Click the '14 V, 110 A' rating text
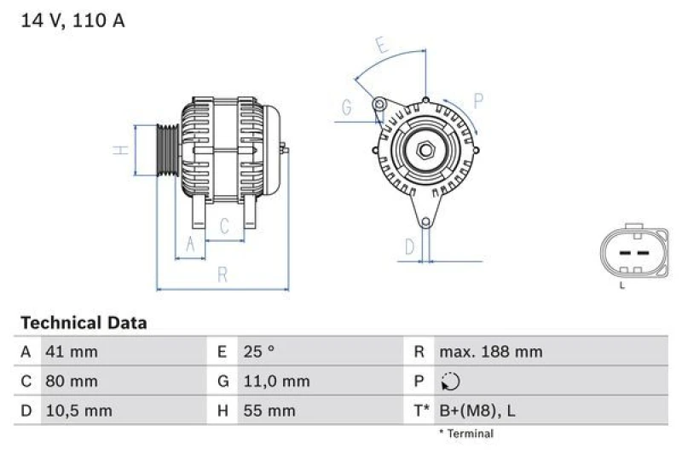tap(72, 20)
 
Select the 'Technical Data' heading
tap(83, 323)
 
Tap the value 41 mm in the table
tap(72, 352)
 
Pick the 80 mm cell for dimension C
tap(72, 382)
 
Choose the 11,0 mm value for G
tap(277, 382)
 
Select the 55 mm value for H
tap(269, 411)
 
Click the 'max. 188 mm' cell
tap(490, 352)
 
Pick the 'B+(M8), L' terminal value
tap(477, 411)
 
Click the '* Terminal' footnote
tap(465, 434)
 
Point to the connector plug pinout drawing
tap(632, 253)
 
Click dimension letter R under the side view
tap(223, 274)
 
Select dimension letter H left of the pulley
tap(121, 150)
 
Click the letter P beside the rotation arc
tap(478, 101)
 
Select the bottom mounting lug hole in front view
tap(425, 223)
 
